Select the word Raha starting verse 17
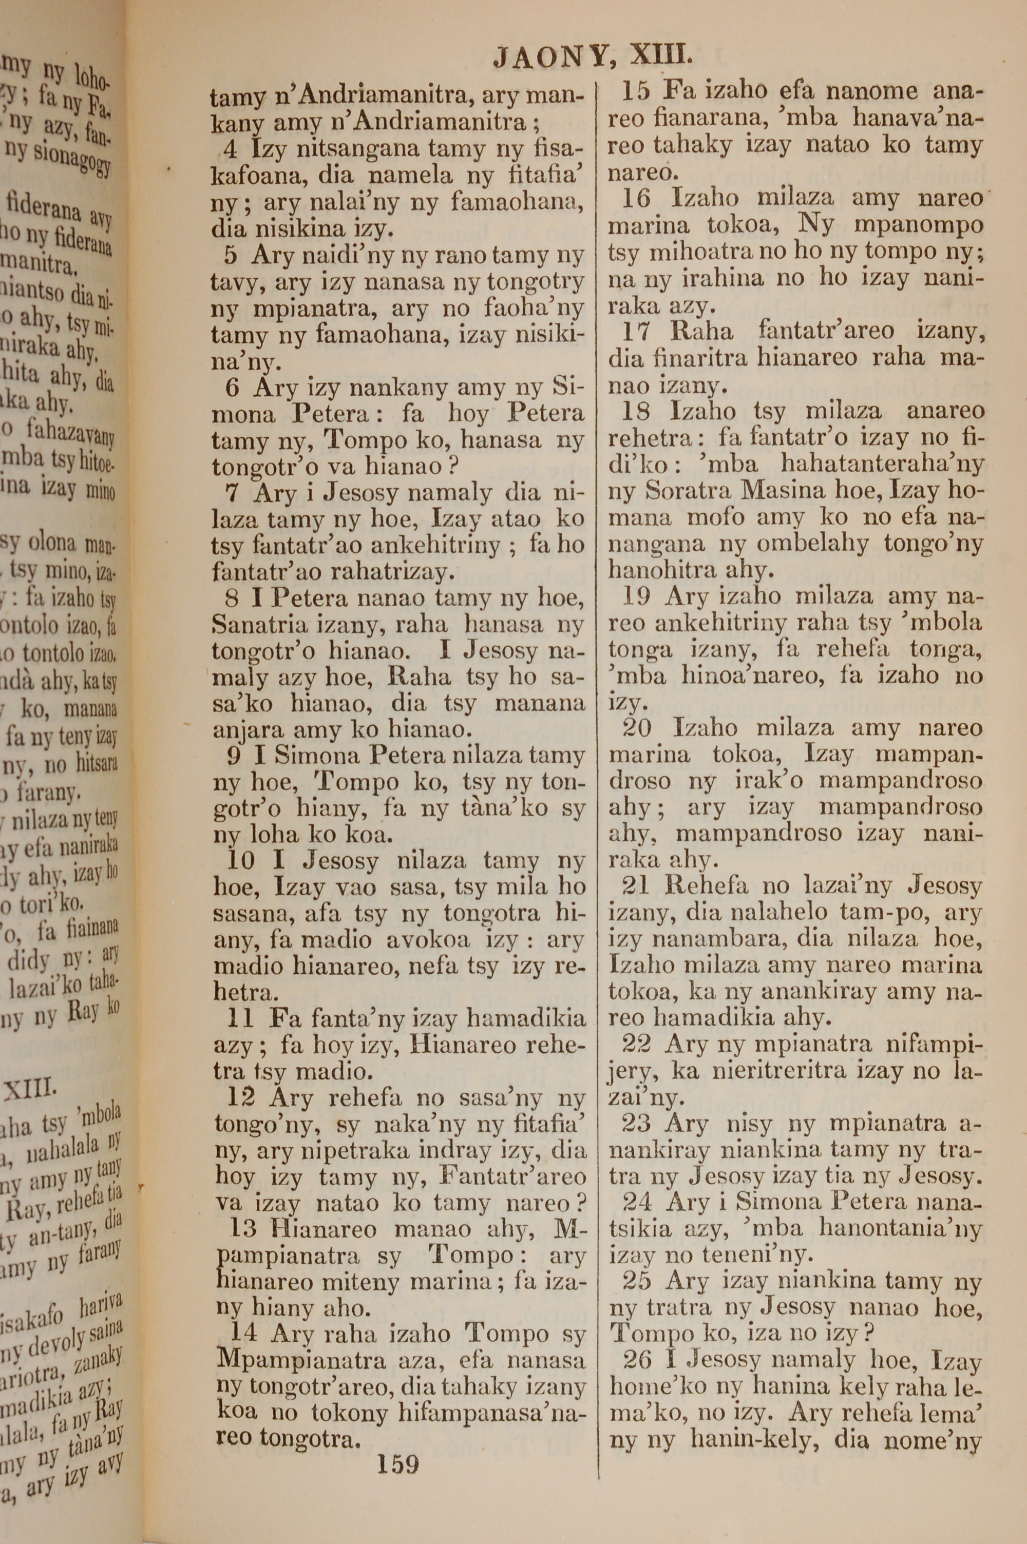pos(702,331)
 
